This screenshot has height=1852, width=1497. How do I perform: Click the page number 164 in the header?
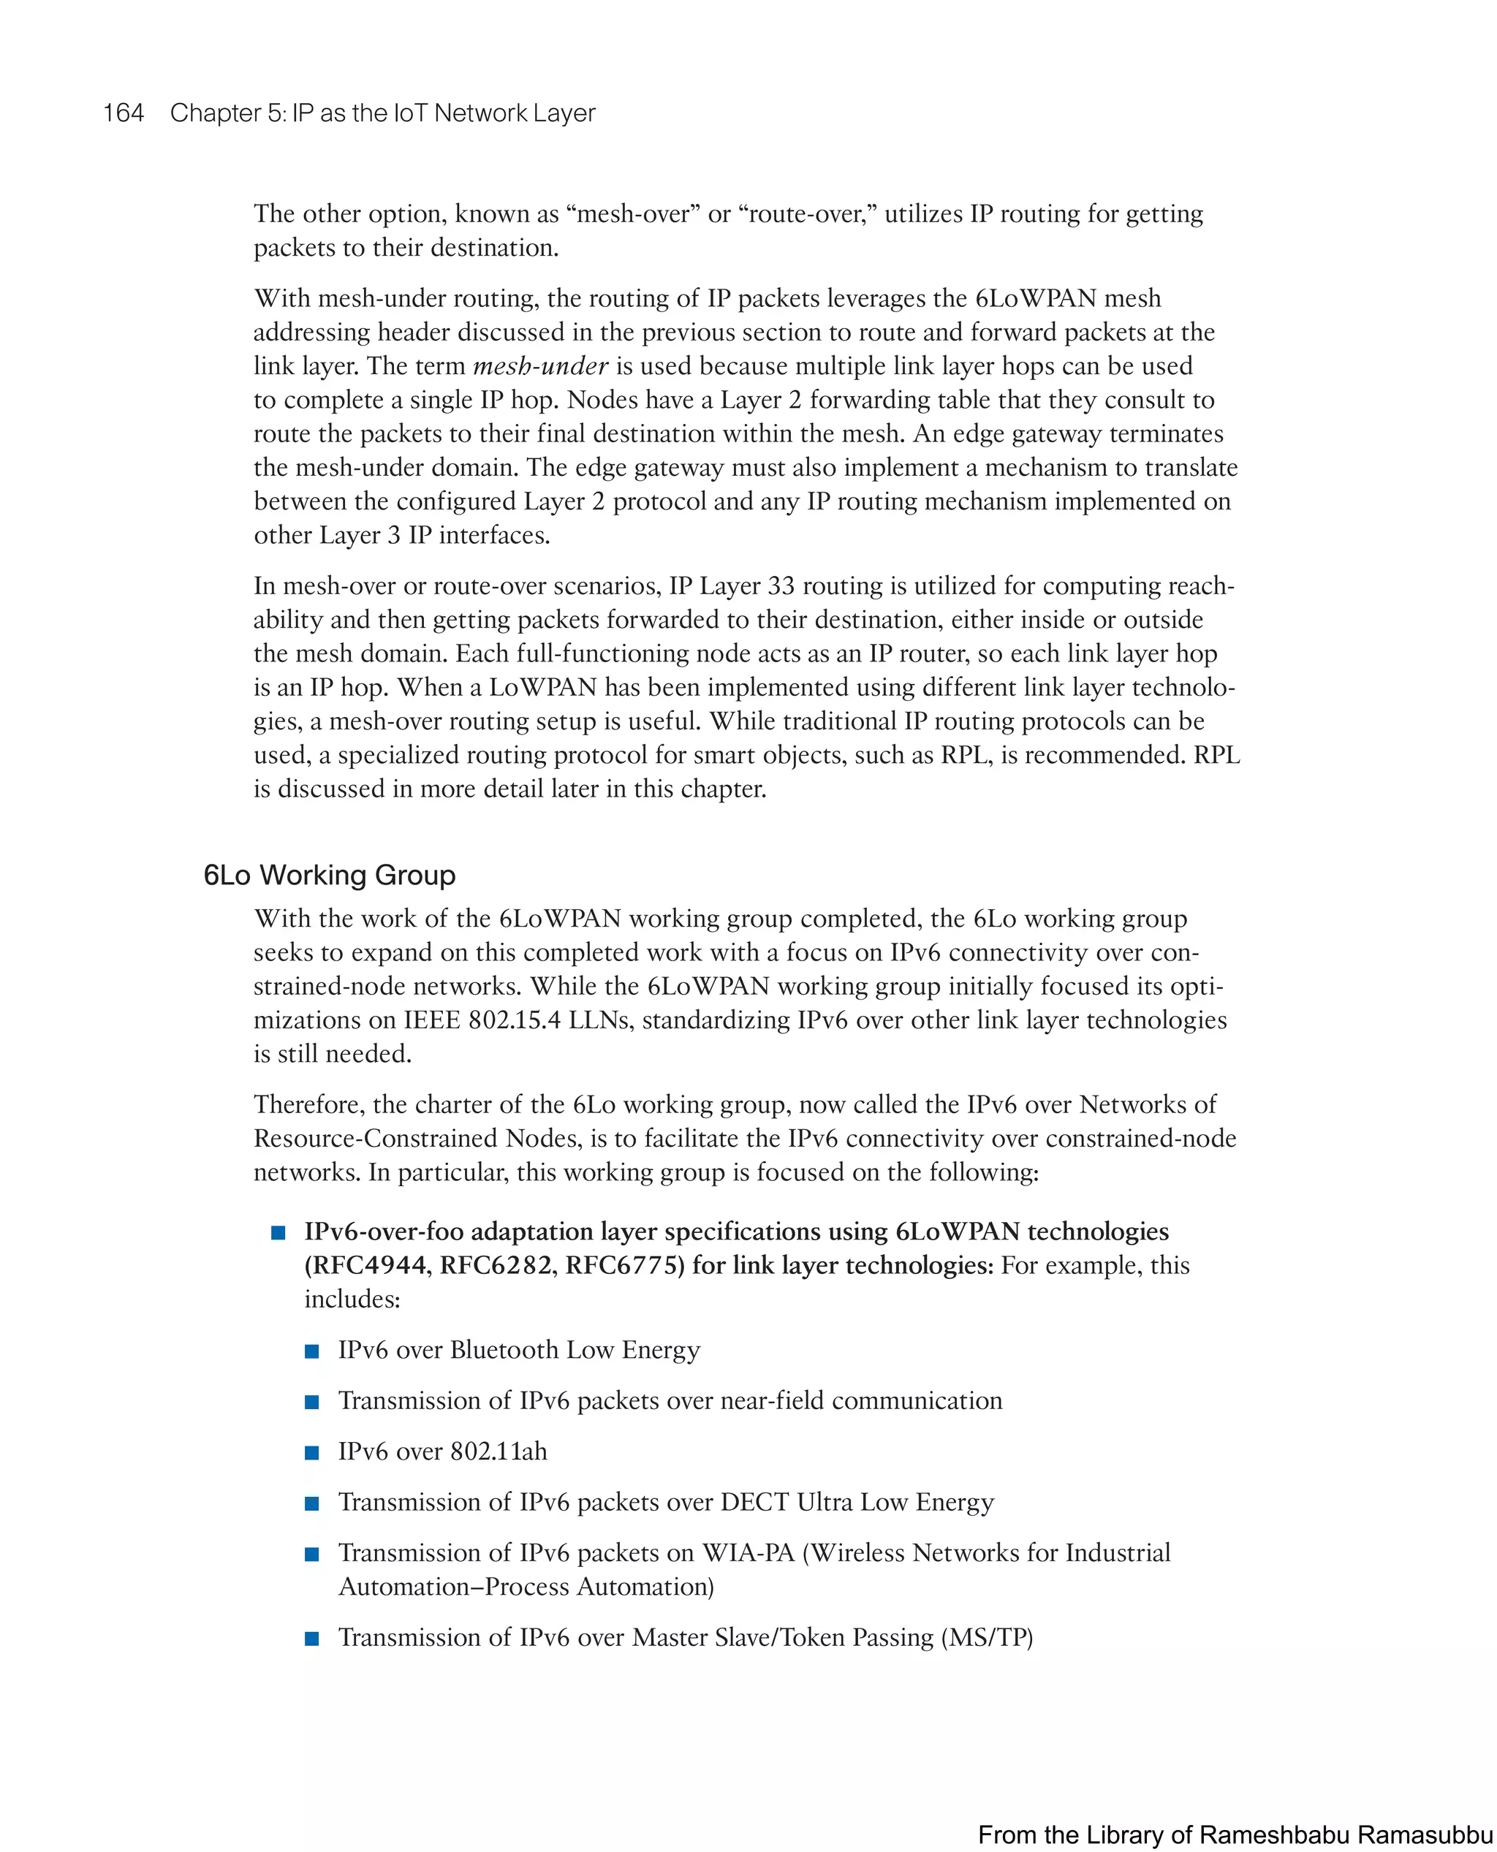[124, 113]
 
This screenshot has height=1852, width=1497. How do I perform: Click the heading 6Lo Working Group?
[330, 875]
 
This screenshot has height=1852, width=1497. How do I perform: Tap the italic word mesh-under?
[541, 366]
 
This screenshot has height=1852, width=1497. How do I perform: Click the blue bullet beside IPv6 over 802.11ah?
[312, 1453]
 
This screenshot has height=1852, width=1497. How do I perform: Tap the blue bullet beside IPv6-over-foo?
[278, 1233]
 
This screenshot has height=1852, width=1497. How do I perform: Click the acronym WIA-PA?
[748, 1553]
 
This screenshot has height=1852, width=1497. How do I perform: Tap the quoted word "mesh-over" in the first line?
[633, 214]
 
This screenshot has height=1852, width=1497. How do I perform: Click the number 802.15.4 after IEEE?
[514, 1021]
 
